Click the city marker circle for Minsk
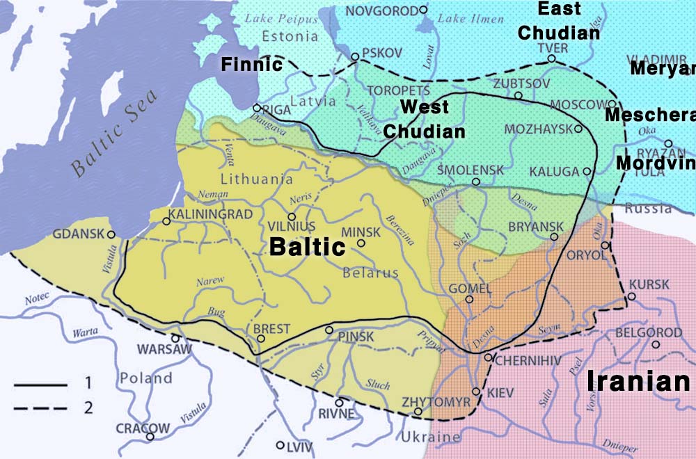tap(361, 243)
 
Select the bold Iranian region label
tap(638, 382)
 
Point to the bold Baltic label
tap(307, 247)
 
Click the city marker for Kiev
tap(476, 392)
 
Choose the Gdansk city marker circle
tap(111, 235)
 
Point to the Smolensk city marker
tap(476, 182)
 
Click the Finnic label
tap(251, 65)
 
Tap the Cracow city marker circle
tap(150, 437)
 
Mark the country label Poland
tap(145, 378)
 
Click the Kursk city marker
tap(632, 297)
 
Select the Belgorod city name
tap(648, 333)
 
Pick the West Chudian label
tap(424, 119)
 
